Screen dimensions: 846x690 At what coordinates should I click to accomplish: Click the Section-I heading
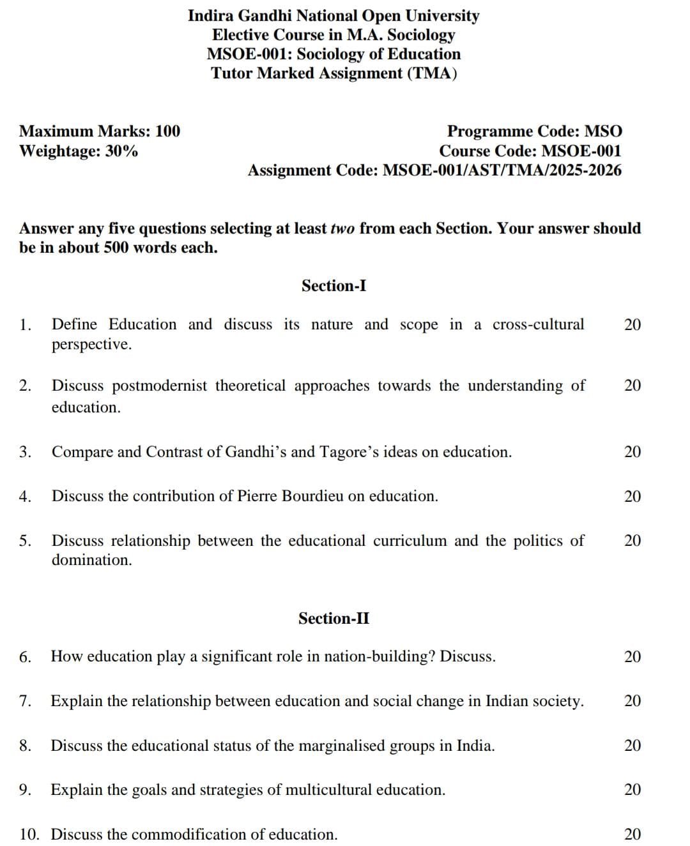point(333,285)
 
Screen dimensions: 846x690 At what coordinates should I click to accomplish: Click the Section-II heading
point(333,618)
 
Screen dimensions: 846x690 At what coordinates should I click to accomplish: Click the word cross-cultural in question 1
point(538,324)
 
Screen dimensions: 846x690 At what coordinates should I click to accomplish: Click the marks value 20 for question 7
point(632,701)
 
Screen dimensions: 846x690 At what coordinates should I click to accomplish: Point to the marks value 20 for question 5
point(632,541)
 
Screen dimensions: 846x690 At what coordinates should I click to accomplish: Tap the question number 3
point(25,452)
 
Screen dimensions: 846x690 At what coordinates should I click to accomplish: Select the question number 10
point(29,835)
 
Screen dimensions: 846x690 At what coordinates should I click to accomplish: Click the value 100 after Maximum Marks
point(167,132)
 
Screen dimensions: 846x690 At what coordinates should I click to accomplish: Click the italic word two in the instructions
point(342,229)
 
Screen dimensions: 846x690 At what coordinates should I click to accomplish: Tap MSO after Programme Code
point(603,132)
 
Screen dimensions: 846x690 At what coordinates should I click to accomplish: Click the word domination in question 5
point(91,560)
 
